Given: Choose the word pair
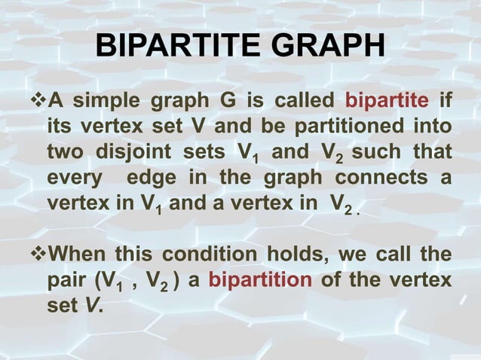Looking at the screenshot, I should [66, 281].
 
